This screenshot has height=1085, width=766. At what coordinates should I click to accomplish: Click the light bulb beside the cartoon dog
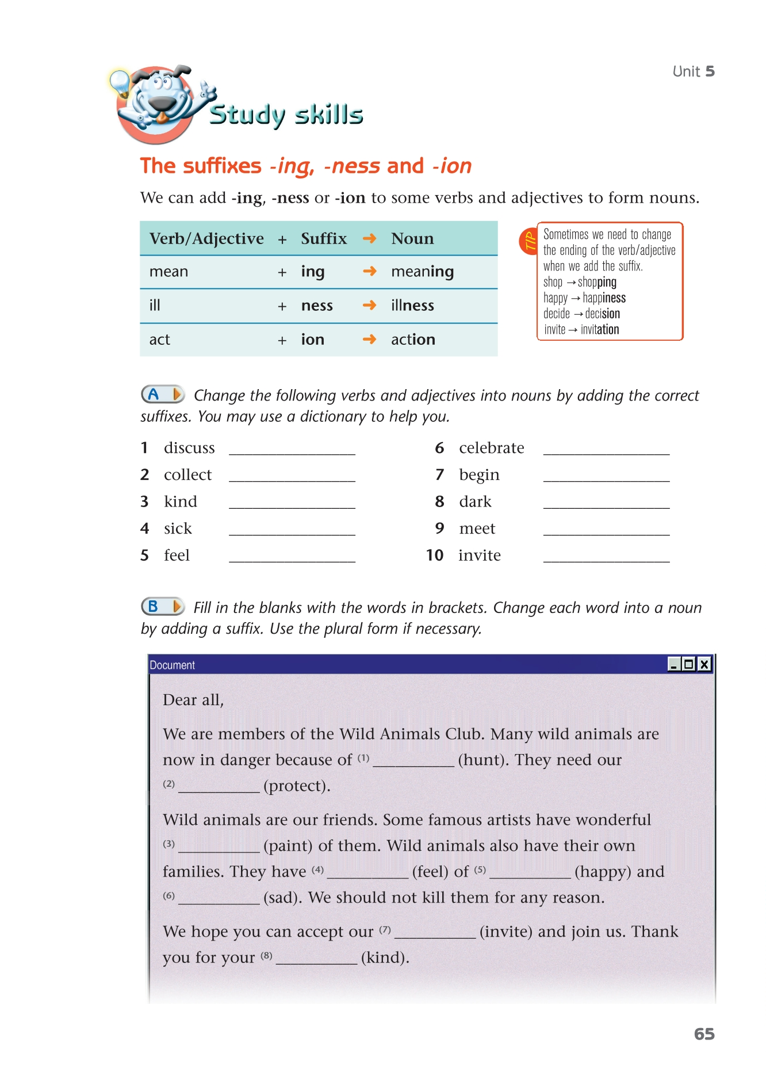coord(120,82)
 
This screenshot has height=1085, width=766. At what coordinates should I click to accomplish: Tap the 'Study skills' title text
coord(286,115)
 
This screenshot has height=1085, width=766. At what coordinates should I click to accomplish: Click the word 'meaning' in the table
coord(422,272)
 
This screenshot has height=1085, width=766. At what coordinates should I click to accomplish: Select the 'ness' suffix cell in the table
coord(317,306)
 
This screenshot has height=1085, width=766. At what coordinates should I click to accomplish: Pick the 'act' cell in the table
coord(160,340)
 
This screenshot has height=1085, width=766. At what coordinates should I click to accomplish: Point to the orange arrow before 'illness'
coord(370,305)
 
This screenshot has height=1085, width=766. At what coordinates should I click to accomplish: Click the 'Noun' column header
coord(412,239)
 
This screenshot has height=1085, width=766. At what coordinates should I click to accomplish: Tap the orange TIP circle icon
coord(528,242)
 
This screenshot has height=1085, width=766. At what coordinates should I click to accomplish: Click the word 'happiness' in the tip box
coord(604,298)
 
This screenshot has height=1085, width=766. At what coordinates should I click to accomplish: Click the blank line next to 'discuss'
coord(292,448)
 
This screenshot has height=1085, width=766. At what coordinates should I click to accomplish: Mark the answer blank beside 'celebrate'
coord(606,448)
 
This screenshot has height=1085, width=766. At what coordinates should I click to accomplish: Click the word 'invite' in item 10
coord(479,555)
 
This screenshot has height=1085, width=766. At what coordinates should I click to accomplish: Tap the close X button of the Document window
coord(704,664)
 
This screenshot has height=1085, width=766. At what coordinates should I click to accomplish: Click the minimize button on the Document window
coord(674,664)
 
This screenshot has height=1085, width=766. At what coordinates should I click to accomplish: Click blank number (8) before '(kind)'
coord(316,958)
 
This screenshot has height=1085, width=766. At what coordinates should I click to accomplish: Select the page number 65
coord(704,1034)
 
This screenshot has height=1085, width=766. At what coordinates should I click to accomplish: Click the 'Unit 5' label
coord(694,71)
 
